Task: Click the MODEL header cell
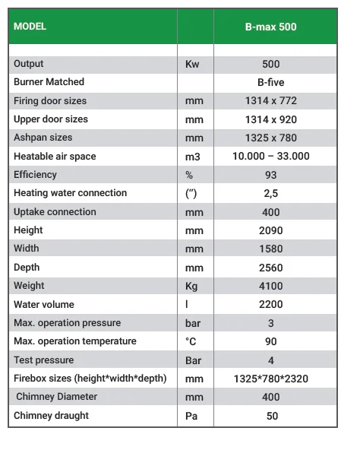tap(30, 27)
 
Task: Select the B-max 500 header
tap(270, 27)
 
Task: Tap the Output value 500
tap(270, 64)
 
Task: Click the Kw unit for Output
tap(192, 64)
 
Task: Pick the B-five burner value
tap(270, 82)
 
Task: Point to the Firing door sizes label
tap(50, 100)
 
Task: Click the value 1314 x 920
tap(270, 119)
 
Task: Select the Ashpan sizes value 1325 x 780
tap(270, 138)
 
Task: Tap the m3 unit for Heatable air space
tap(193, 157)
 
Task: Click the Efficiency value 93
tap(270, 175)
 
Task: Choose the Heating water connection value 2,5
tap(270, 193)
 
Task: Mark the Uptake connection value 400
tap(270, 212)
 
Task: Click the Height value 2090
tap(270, 230)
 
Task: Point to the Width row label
tap(27, 249)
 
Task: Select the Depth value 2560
tap(270, 268)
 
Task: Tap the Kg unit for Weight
tap(192, 286)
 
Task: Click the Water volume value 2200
tap(270, 304)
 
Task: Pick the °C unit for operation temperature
tap(191, 341)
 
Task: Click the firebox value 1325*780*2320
tap(270, 379)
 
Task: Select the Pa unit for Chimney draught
tap(191, 416)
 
